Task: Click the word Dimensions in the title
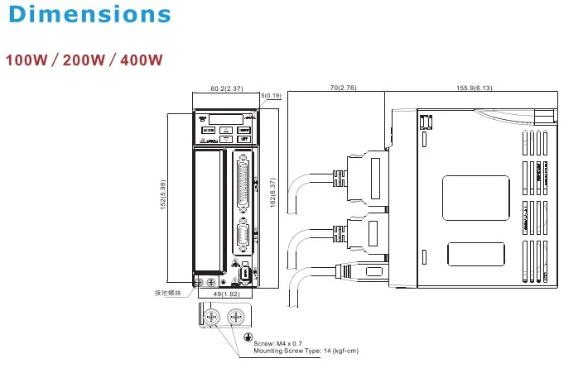tap(87, 14)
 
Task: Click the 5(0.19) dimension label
tap(271, 96)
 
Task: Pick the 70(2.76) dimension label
tap(342, 88)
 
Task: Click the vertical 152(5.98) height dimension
tap(163, 195)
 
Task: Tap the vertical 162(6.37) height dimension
tap(272, 193)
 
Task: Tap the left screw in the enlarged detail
tap(211, 317)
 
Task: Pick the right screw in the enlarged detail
tap(235, 317)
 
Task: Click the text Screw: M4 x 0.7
tap(282, 343)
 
